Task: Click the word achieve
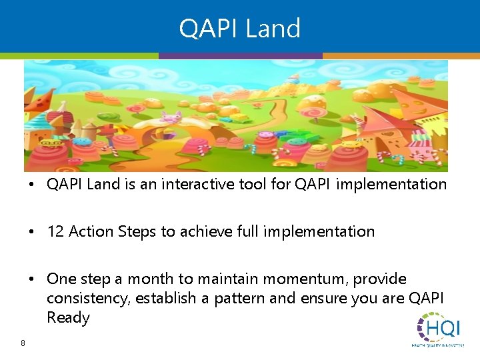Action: coord(203,231)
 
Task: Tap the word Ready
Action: coord(68,317)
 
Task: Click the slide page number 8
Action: coord(23,343)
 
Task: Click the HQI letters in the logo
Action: coord(445,329)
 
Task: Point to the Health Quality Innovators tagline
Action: coord(438,345)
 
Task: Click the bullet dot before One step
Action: coord(33,279)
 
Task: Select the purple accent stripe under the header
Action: coord(240,56)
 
